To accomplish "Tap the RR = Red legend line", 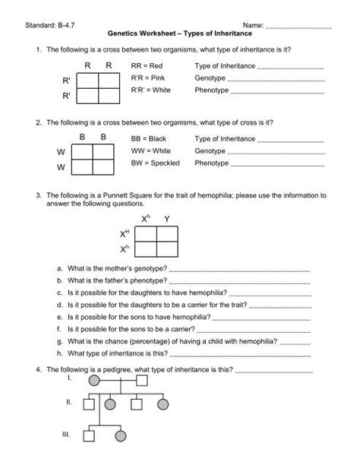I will (x=147, y=67).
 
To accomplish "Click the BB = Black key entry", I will (x=148, y=140).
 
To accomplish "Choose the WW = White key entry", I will (x=149, y=151).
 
